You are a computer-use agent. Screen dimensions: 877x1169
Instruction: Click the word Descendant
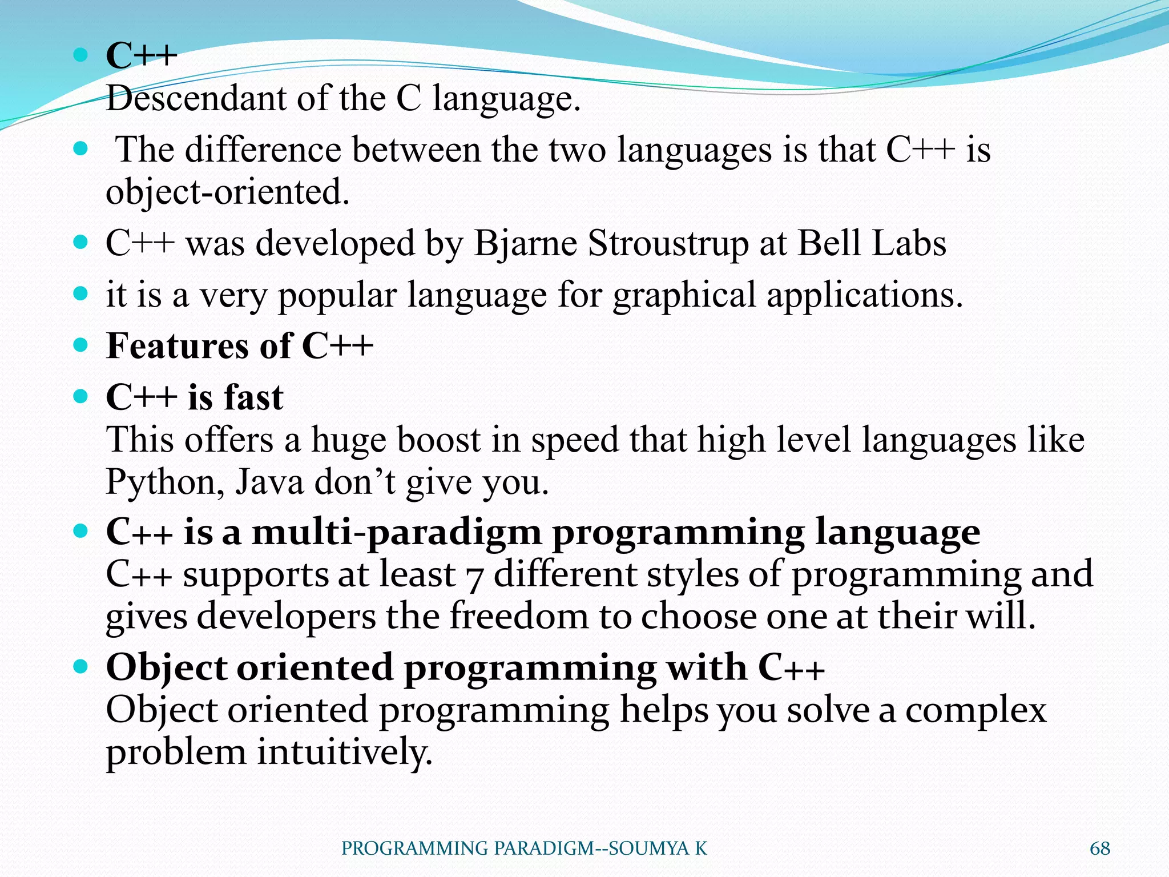click(x=196, y=98)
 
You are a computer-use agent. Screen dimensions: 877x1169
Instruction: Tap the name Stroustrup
click(x=668, y=243)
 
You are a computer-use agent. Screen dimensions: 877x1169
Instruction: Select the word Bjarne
click(x=526, y=244)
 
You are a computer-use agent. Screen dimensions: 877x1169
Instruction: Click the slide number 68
click(x=1099, y=848)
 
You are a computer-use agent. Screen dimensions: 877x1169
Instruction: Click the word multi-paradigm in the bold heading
click(x=397, y=532)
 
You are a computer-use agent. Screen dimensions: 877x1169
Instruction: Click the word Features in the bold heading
click(x=178, y=346)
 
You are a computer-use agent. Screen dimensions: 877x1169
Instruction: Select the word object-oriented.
click(x=227, y=192)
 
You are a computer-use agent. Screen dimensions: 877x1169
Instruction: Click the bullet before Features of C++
click(x=81, y=345)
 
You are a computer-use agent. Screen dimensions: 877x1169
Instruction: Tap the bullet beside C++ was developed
click(x=81, y=243)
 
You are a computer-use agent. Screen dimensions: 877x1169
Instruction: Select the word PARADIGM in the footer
click(x=543, y=848)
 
